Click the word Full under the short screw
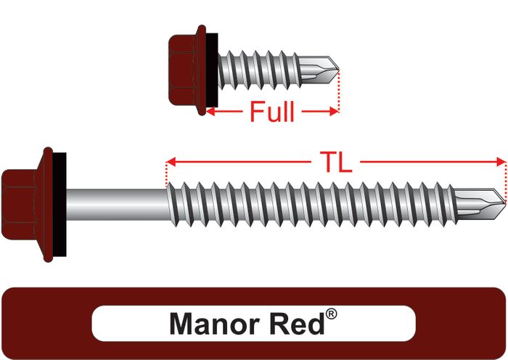(x=272, y=112)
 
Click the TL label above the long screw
(x=335, y=162)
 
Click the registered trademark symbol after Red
(x=331, y=314)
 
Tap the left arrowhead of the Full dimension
(x=211, y=112)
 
